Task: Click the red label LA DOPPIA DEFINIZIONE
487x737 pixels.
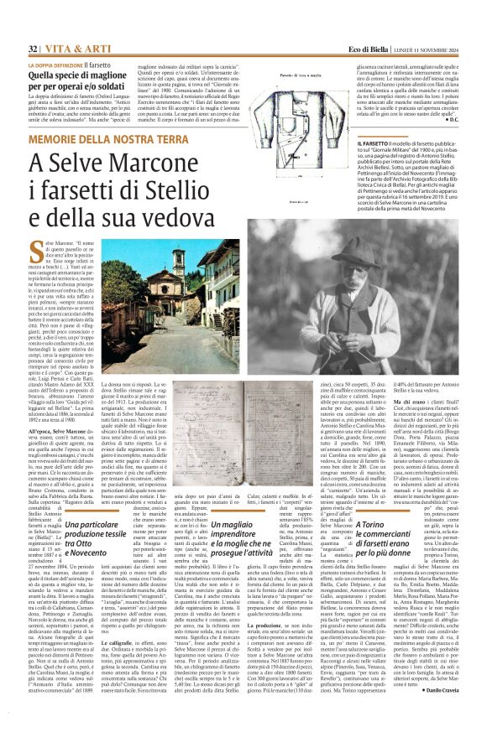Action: (58, 64)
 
